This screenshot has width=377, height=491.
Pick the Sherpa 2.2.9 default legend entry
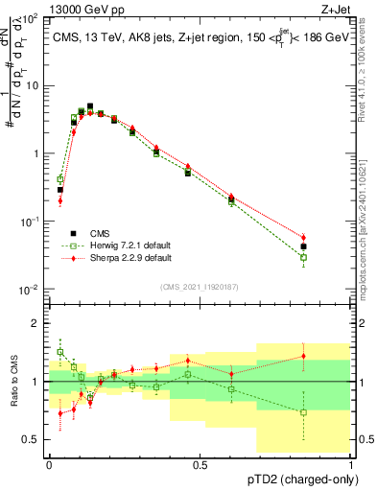(121, 258)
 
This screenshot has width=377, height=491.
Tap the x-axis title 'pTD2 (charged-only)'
(298, 479)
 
